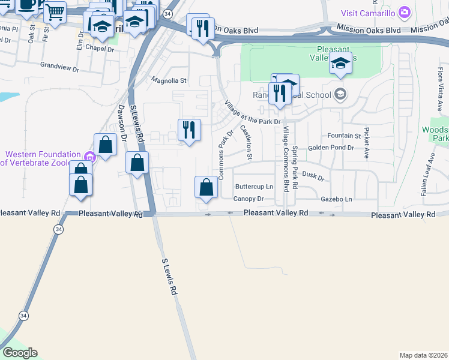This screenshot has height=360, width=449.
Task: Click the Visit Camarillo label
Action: [x=369, y=13]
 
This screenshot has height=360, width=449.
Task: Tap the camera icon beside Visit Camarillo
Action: [x=405, y=12]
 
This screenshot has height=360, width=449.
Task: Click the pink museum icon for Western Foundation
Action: [x=90, y=158]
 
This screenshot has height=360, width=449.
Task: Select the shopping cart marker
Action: [x=55, y=12]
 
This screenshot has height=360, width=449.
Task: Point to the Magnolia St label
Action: [x=169, y=79]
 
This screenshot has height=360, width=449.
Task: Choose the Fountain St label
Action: [x=344, y=136]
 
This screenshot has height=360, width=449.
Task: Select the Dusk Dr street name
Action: [x=313, y=175]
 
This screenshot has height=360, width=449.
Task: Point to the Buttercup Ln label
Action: [x=254, y=187]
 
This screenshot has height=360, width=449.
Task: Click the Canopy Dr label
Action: [x=249, y=199]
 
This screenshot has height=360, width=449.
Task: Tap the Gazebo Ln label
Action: [x=336, y=199]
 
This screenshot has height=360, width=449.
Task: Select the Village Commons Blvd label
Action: [x=286, y=158]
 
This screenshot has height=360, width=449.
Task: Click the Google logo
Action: [x=20, y=353]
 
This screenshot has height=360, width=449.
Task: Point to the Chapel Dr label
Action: [x=99, y=49]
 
